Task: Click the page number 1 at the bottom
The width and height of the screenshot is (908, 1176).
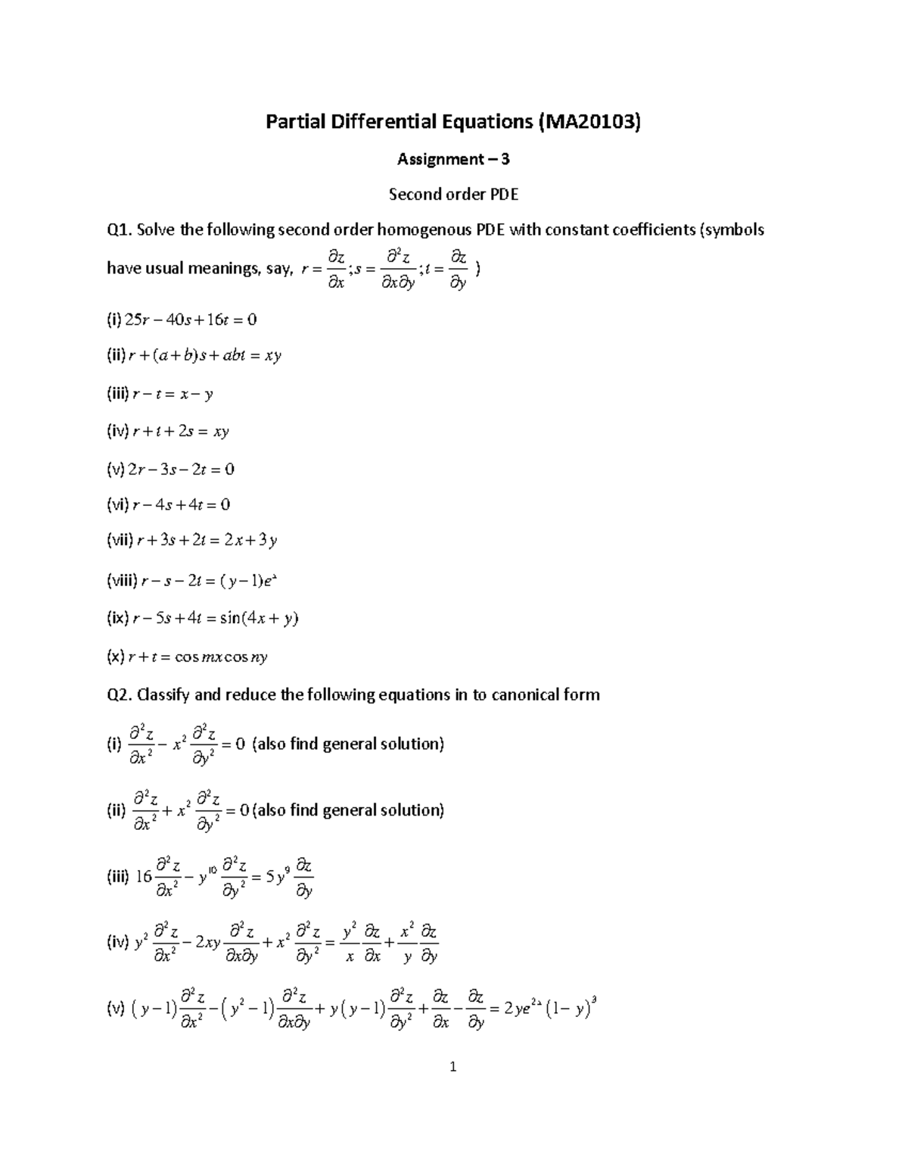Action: (x=453, y=1068)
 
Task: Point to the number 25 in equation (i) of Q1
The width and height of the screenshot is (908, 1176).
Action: (x=132, y=320)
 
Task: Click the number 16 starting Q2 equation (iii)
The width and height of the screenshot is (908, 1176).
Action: (x=144, y=877)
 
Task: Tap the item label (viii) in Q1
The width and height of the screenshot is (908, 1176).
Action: (x=121, y=581)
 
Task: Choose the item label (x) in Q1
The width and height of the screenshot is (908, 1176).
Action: (x=115, y=657)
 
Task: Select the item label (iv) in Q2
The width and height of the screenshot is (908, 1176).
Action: (x=117, y=943)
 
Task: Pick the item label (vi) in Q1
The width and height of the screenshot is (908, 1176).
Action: (x=117, y=504)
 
